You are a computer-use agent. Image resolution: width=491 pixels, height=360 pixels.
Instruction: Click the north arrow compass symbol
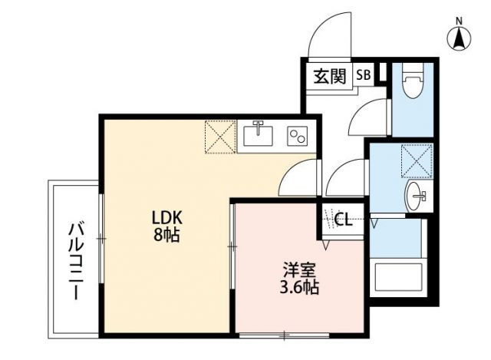459,38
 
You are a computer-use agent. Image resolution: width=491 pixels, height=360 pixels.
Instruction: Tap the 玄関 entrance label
328,76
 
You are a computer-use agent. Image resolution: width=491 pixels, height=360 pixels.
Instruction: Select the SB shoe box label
362,75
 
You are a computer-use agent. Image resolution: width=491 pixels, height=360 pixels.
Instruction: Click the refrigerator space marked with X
219,137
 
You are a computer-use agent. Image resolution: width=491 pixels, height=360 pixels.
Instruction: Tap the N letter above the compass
459,20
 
